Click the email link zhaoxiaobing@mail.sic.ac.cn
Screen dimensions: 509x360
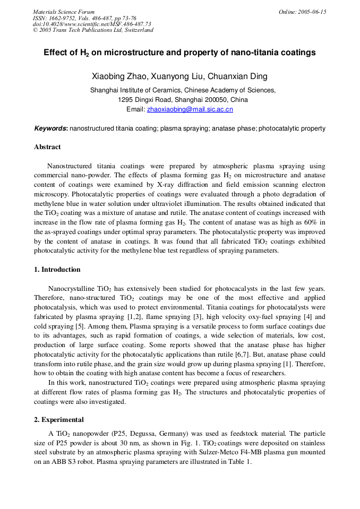click(x=190, y=109)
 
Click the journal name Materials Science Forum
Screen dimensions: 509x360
click(x=64, y=12)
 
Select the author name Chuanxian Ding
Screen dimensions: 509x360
click(x=237, y=76)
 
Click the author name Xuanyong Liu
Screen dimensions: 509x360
click(x=176, y=76)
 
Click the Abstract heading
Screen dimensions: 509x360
click(x=47, y=147)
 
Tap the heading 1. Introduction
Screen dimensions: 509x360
click(x=57, y=270)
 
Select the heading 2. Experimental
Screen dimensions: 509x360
click(x=59, y=420)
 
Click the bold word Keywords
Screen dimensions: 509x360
click(x=50, y=128)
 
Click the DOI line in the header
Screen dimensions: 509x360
click(x=91, y=24)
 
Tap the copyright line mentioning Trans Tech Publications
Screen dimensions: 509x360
click(x=93, y=30)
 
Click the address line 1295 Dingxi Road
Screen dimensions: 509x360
click(x=183, y=100)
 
